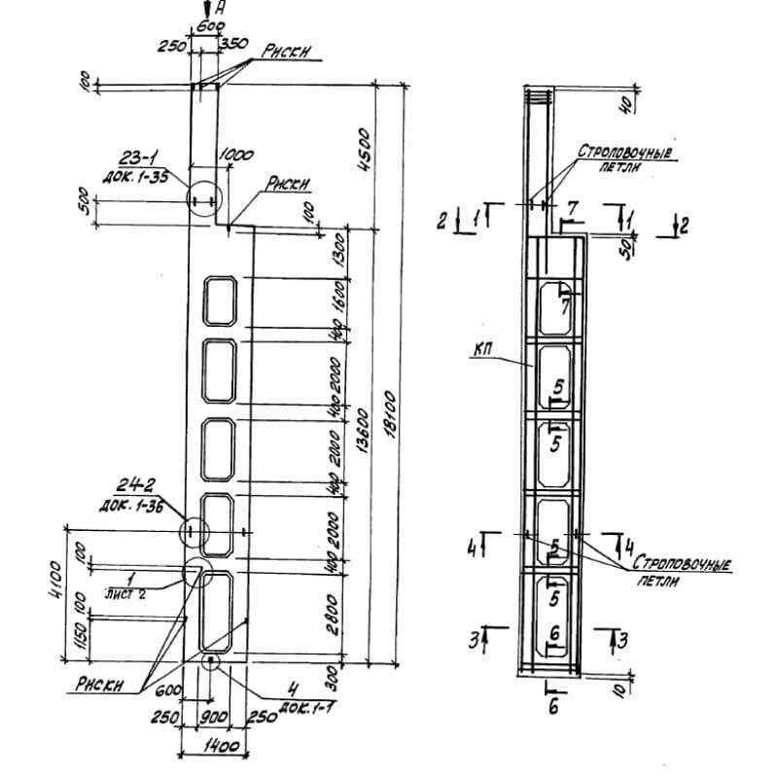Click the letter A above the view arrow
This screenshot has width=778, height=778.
pos(221,9)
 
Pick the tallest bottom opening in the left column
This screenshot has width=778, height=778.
pos(215,611)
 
